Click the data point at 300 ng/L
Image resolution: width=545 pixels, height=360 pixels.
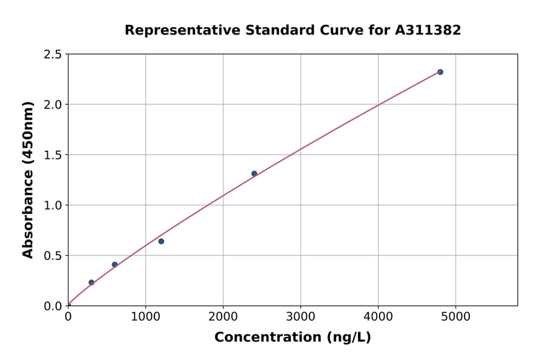(91, 282)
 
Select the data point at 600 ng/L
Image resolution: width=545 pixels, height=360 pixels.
(114, 265)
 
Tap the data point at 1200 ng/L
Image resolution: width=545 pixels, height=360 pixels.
(161, 241)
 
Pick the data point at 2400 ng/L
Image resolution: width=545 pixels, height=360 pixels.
(254, 173)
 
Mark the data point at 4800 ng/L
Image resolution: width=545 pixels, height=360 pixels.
(440, 72)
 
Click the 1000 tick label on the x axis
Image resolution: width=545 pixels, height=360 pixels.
(145, 316)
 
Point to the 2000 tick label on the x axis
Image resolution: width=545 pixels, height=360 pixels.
(223, 316)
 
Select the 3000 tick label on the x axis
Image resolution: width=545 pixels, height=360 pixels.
(301, 316)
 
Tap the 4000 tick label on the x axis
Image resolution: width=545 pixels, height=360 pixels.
(378, 316)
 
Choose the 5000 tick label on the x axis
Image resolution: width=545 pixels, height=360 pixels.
(456, 316)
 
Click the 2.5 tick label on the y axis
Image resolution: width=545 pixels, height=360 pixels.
(53, 55)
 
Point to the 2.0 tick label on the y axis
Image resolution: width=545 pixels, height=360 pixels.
(53, 105)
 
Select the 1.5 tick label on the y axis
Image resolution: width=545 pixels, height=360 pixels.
(53, 155)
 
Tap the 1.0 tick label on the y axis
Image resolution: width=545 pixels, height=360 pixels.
(53, 205)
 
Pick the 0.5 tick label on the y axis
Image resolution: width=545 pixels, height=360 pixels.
(53, 256)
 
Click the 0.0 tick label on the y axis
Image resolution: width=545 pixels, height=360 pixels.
(53, 306)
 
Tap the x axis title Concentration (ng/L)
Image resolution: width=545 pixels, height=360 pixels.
(292, 338)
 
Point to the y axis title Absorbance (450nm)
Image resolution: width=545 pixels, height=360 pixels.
(28, 179)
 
